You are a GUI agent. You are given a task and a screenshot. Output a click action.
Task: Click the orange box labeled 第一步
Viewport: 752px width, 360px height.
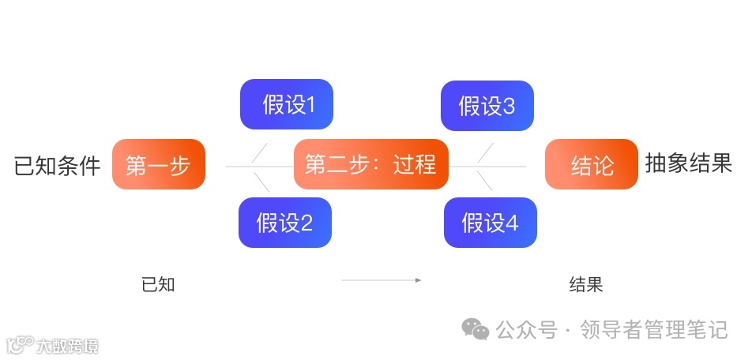[x=159, y=164]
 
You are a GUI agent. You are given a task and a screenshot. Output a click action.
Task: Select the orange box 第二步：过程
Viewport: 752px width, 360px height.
[x=370, y=164]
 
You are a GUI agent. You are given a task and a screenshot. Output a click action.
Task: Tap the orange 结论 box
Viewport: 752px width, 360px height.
[x=591, y=164]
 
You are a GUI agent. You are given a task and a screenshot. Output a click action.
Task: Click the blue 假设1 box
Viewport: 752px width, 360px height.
[x=287, y=104]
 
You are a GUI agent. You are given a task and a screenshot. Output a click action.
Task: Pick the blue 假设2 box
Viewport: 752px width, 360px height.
[x=285, y=223]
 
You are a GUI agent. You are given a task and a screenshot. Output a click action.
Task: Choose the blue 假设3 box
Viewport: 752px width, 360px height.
[x=487, y=104]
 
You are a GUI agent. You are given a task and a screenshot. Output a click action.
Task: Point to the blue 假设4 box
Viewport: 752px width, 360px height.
[x=490, y=223]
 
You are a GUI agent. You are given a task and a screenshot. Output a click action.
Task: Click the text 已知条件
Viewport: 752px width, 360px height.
[x=58, y=166]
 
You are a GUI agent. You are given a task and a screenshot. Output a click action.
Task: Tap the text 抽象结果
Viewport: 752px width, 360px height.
[x=688, y=163]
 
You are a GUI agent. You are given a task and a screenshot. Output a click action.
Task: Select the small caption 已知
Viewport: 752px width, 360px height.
[x=158, y=284]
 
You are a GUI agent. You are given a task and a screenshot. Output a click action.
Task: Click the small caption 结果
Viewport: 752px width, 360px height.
[x=586, y=284]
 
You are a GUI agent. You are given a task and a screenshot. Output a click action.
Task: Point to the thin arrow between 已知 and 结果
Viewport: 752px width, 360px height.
[x=381, y=279]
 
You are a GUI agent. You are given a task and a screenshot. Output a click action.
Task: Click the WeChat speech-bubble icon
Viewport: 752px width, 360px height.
[x=476, y=328]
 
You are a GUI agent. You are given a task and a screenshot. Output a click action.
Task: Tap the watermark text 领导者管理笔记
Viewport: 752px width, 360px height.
[x=653, y=329]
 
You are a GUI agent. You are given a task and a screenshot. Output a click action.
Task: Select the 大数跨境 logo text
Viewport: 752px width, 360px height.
[x=66, y=346]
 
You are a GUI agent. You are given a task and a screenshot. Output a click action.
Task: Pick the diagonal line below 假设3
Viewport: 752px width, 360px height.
[x=486, y=153]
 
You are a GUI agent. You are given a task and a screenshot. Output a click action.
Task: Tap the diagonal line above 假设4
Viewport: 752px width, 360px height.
[x=486, y=181]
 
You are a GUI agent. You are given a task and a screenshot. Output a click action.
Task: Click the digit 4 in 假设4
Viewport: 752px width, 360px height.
[x=512, y=223]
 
